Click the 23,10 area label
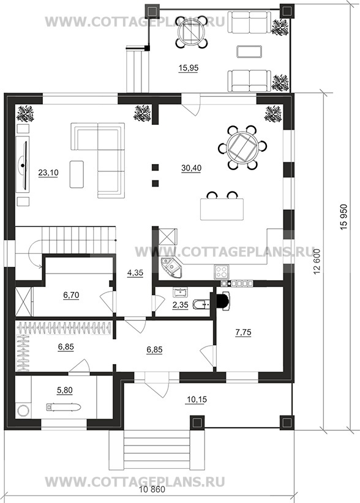pyautogui.click(x=48, y=173)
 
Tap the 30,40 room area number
pyautogui.click(x=191, y=168)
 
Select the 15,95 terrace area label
pyautogui.click(x=189, y=68)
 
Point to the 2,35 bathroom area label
pyautogui.click(x=181, y=305)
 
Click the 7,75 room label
pyautogui.click(x=243, y=333)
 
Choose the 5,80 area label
pyautogui.click(x=64, y=390)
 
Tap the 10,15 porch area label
pyautogui.click(x=197, y=400)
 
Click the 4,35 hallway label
pyautogui.click(x=135, y=273)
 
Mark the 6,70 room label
pyautogui.click(x=71, y=295)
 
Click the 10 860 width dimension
pyautogui.click(x=152, y=490)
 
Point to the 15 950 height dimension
pyautogui.click(x=343, y=217)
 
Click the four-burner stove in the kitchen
pyautogui.click(x=222, y=272)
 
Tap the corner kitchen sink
pyautogui.click(x=170, y=267)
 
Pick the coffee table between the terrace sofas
pyautogui.click(x=249, y=51)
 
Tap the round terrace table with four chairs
pyautogui.click(x=192, y=32)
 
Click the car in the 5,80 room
pyautogui.click(x=63, y=408)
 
